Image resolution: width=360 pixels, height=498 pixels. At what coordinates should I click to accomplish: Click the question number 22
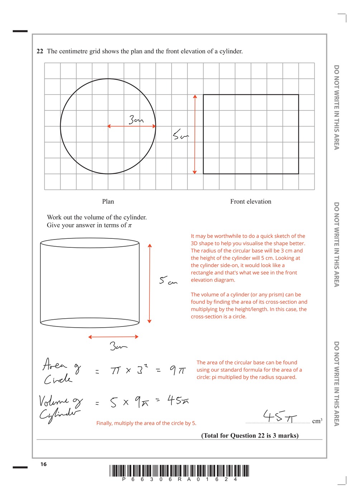pyautogui.click(x=40, y=51)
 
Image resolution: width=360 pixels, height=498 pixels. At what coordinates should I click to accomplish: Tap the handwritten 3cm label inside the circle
pyautogui.click(x=136, y=120)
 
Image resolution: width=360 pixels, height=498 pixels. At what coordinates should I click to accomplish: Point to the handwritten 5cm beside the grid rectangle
pyautogui.click(x=180, y=135)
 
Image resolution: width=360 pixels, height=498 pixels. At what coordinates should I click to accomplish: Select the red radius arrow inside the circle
pyautogui.click(x=132, y=126)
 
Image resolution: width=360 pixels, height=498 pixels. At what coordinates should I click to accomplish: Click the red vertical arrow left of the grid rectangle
pyautogui.click(x=195, y=134)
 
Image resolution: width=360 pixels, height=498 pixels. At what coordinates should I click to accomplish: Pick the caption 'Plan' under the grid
pyautogui.click(x=108, y=202)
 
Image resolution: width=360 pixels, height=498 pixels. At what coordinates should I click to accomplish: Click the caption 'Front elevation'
pyautogui.click(x=251, y=202)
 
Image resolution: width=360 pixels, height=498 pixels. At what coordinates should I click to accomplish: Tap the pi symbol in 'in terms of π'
pyautogui.click(x=130, y=226)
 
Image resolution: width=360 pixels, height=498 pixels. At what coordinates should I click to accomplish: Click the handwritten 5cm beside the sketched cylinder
pyautogui.click(x=168, y=281)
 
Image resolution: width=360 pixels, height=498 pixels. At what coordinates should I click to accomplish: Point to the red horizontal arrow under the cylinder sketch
pyautogui.click(x=113, y=337)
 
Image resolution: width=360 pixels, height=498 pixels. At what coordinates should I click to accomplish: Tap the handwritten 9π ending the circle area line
pyautogui.click(x=177, y=370)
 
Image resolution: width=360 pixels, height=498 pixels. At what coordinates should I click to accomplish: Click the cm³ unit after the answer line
pyautogui.click(x=317, y=421)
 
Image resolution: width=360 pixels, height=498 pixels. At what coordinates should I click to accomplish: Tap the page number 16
pyautogui.click(x=43, y=464)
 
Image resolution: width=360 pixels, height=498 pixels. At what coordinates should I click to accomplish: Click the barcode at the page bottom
pyautogui.click(x=179, y=471)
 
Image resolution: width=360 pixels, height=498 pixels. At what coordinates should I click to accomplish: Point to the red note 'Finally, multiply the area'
pyautogui.click(x=146, y=423)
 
